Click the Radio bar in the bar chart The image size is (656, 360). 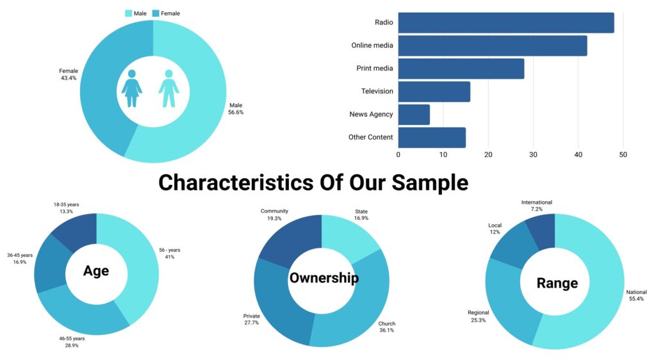tap(505, 23)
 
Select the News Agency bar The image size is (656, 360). tap(414, 115)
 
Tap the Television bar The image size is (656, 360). tap(434, 92)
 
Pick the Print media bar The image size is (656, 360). tap(461, 69)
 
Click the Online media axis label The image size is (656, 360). tap(372, 45)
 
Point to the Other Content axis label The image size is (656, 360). tap(370, 137)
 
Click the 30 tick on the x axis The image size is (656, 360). tap(533, 154)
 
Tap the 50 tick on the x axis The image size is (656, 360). tap(623, 154)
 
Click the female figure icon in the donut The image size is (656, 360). tap(131, 88)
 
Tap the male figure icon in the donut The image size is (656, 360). tap(168, 88)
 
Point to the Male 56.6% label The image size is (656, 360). tap(236, 108)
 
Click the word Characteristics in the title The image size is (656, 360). tap(235, 183)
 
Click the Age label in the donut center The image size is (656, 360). tap(96, 271)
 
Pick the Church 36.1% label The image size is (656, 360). tap(386, 327)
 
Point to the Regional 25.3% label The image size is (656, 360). tap(478, 316)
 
